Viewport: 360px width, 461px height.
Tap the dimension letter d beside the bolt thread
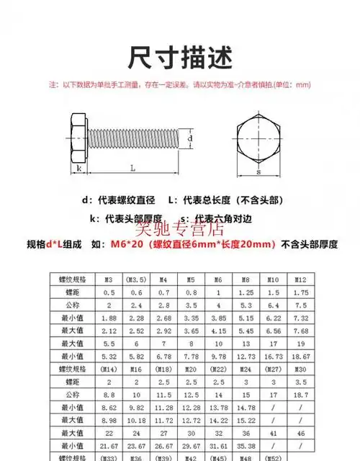(x=189, y=137)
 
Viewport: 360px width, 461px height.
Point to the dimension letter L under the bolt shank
(x=133, y=167)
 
